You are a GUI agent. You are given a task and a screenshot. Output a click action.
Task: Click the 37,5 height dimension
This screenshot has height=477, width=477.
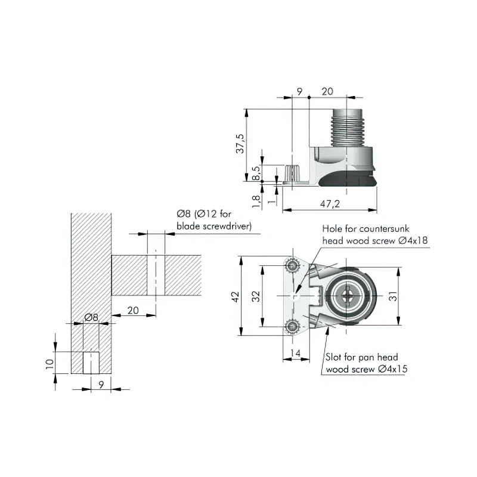240,143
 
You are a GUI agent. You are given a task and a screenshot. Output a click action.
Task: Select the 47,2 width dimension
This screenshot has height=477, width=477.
330,203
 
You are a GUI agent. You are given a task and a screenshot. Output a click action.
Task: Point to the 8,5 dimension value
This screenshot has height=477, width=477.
256,173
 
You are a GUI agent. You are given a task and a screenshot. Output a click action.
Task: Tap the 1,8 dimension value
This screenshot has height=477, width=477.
256,201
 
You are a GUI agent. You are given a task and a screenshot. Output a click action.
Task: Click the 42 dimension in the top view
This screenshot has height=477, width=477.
236,296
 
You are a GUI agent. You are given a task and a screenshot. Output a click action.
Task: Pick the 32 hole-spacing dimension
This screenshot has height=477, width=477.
256,296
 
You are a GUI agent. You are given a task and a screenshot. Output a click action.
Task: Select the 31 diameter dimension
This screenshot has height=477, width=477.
393,296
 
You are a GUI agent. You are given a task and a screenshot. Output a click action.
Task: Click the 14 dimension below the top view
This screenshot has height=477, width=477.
295,353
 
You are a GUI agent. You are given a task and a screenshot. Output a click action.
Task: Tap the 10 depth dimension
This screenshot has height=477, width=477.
49,364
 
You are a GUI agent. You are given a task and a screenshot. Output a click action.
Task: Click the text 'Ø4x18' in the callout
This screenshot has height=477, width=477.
413,241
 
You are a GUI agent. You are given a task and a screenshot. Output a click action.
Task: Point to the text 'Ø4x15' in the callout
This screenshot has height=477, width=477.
392,369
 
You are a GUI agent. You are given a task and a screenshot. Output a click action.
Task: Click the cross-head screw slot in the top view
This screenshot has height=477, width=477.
346,295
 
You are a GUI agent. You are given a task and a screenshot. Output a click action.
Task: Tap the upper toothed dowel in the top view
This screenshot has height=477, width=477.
292,266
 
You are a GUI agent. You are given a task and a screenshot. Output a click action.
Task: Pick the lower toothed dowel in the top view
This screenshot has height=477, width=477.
292,327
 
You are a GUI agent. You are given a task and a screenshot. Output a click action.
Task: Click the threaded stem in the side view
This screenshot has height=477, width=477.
347,128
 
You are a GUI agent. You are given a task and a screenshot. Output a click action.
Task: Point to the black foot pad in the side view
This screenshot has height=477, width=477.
348,179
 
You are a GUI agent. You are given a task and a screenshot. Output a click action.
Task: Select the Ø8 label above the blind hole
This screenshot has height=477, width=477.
91,317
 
